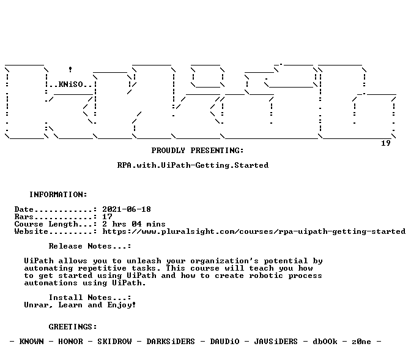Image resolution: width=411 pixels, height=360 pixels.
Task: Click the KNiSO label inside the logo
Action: point(70,84)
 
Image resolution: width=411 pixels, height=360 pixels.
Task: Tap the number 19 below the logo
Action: point(385,143)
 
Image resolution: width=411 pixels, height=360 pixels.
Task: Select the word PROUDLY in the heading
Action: point(168,151)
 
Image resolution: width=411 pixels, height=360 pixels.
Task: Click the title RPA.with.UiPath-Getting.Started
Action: point(193,165)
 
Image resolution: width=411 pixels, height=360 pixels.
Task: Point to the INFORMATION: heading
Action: point(58,195)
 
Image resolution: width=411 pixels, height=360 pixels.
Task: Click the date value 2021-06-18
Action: point(127,209)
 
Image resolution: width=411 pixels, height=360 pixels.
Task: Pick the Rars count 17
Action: point(107,217)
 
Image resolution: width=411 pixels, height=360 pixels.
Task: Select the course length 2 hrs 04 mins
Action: point(134,224)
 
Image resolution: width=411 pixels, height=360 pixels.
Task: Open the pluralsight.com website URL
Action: point(254,231)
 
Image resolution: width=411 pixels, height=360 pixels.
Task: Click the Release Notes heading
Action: point(90,246)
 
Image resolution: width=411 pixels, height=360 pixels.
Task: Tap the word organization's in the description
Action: point(224,261)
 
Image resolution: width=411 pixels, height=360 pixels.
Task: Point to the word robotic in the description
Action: point(266,276)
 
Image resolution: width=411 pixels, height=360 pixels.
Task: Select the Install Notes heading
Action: point(90,298)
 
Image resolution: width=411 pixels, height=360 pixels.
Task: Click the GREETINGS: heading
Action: point(73,327)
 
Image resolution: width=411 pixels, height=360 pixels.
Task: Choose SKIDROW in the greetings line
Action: point(114,342)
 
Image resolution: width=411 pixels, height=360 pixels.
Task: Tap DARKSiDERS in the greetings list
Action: point(171,342)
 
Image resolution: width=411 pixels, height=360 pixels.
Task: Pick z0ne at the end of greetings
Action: point(361,342)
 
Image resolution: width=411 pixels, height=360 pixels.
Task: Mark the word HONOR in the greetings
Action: point(70,342)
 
